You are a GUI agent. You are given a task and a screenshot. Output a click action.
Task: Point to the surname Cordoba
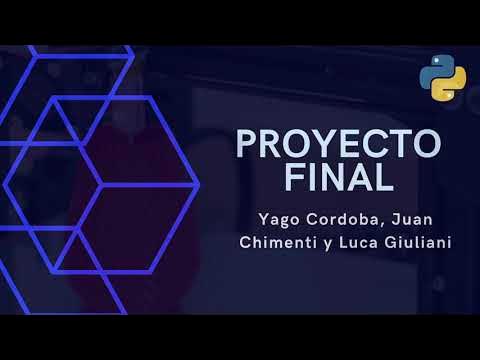pos(341,217)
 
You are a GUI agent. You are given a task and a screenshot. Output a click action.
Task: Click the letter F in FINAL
pos(295,178)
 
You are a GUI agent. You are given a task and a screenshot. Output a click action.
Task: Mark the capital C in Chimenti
pos(245,241)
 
